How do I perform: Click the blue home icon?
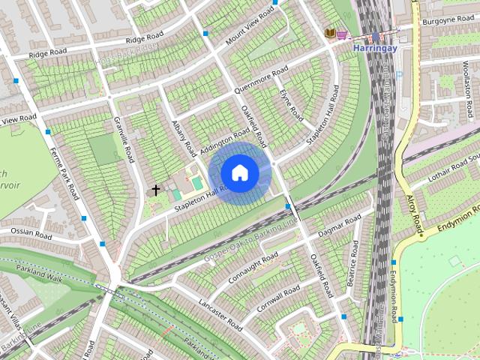(239, 172)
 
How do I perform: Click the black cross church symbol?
(156, 190)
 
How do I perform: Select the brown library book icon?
(329, 33)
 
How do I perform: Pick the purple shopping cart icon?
(342, 33)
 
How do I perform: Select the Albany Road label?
(183, 135)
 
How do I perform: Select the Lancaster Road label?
(220, 315)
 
